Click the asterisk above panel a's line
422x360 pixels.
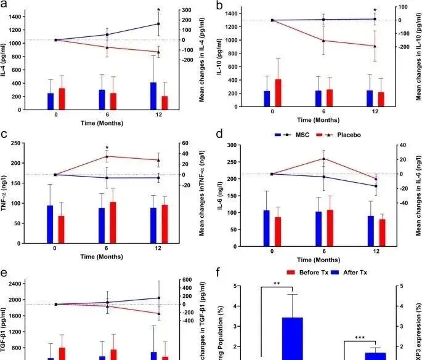pyautogui.click(x=159, y=10)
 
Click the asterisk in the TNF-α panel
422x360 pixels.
pyautogui.click(x=107, y=148)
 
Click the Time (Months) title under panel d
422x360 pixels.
pyautogui.click(x=323, y=260)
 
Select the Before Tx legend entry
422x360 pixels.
pyautogui.click(x=306, y=272)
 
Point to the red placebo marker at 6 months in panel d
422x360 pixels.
pyautogui.click(x=324, y=159)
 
